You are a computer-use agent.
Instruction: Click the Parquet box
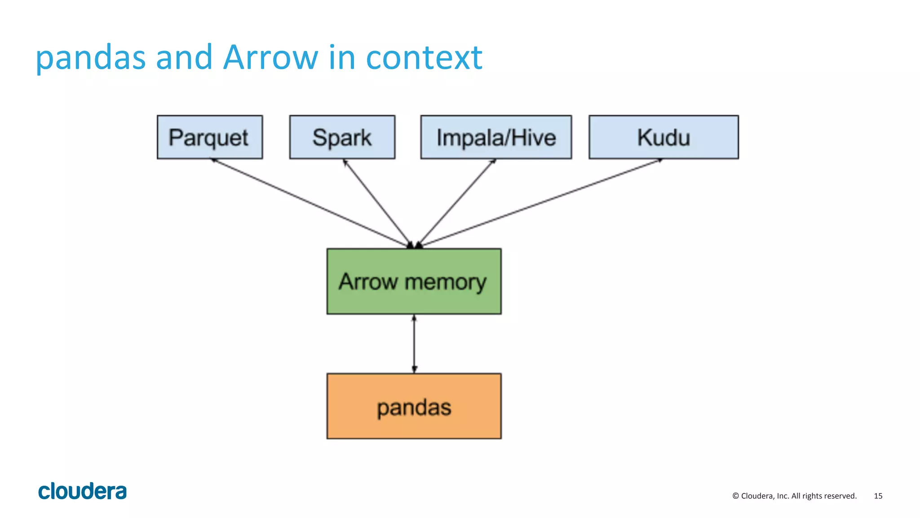click(x=209, y=137)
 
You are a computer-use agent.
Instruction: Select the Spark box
click(x=342, y=137)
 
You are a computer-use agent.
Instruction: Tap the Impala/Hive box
click(x=496, y=137)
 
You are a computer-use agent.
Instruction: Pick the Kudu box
click(x=663, y=137)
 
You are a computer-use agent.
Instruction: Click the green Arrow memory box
click(x=414, y=281)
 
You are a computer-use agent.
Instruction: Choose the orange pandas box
click(x=414, y=406)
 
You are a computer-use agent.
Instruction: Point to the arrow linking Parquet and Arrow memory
click(x=310, y=202)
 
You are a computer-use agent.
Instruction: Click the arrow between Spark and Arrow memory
click(x=377, y=202)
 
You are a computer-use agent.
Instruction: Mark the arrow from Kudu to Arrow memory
click(x=539, y=202)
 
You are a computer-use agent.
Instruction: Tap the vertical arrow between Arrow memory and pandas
click(x=414, y=344)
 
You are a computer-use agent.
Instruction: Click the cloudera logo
click(x=82, y=491)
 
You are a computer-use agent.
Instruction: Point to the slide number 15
click(x=878, y=496)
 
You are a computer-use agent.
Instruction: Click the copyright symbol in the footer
click(x=735, y=496)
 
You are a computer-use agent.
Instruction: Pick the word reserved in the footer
click(x=841, y=496)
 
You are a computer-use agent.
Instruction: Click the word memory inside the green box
click(x=445, y=283)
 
